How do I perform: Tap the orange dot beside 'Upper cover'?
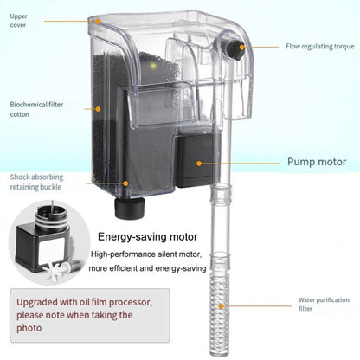pos(98,21)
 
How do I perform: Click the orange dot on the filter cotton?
pos(98,109)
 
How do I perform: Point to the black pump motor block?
pos(197,160)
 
